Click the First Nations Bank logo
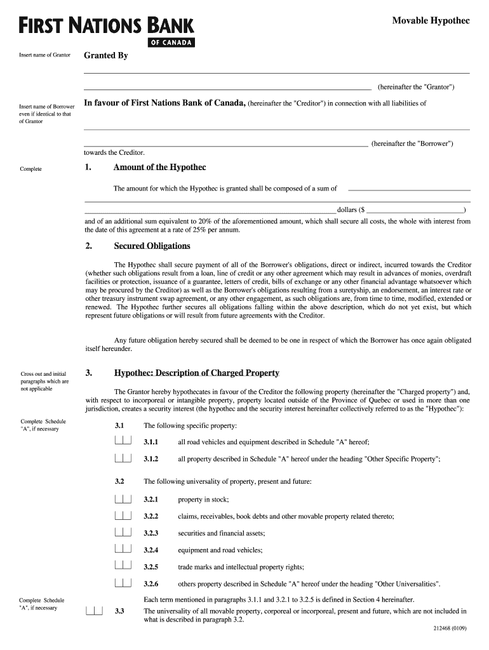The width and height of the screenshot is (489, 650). point(106,31)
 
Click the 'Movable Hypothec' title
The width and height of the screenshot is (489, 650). point(431,21)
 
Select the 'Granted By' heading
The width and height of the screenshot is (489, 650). point(106,56)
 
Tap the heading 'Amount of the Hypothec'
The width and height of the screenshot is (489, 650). point(159,168)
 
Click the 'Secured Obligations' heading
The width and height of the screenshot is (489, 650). point(152,246)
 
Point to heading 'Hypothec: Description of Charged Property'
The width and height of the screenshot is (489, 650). point(196,373)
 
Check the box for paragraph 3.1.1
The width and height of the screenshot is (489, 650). point(123,441)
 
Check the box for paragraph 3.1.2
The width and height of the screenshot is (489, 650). point(123,458)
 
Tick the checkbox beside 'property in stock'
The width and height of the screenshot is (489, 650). point(123,499)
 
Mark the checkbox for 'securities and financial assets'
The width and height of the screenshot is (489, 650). point(123,533)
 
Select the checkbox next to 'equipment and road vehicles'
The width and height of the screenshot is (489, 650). point(123,549)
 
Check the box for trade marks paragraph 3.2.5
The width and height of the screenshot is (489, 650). point(123,566)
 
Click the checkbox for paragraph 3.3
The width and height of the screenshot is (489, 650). point(94,611)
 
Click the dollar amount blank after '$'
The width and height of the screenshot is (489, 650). point(415,209)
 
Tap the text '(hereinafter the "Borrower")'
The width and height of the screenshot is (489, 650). point(412,144)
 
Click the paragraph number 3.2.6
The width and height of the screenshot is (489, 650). point(151,584)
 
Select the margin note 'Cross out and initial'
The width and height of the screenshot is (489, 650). point(43,374)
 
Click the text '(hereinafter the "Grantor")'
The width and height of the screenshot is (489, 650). point(416,87)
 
